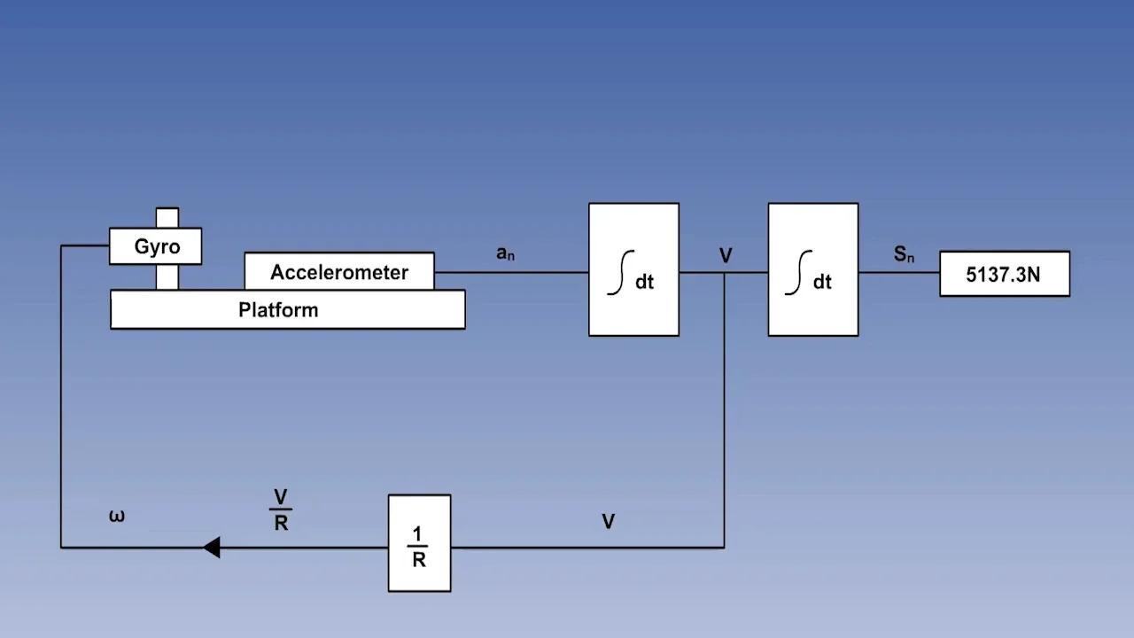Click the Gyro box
pyautogui.click(x=155, y=246)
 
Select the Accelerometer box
pyautogui.click(x=339, y=271)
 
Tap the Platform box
pyautogui.click(x=287, y=310)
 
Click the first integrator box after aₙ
pyautogui.click(x=633, y=269)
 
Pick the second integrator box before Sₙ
pyautogui.click(x=812, y=269)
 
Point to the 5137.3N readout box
pyautogui.click(x=1004, y=274)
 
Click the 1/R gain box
pyautogui.click(x=419, y=542)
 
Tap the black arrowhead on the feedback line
pyautogui.click(x=211, y=548)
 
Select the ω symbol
pyautogui.click(x=117, y=516)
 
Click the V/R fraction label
pyautogui.click(x=281, y=510)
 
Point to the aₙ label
pyautogui.click(x=505, y=253)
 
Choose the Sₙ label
pyautogui.click(x=904, y=255)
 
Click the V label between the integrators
pyautogui.click(x=726, y=256)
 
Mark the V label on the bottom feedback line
pyautogui.click(x=608, y=522)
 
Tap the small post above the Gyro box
pyautogui.click(x=167, y=218)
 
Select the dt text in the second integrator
pyautogui.click(x=822, y=282)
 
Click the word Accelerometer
pyautogui.click(x=339, y=272)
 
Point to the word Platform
pyautogui.click(x=278, y=310)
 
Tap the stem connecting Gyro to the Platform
pyautogui.click(x=167, y=276)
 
